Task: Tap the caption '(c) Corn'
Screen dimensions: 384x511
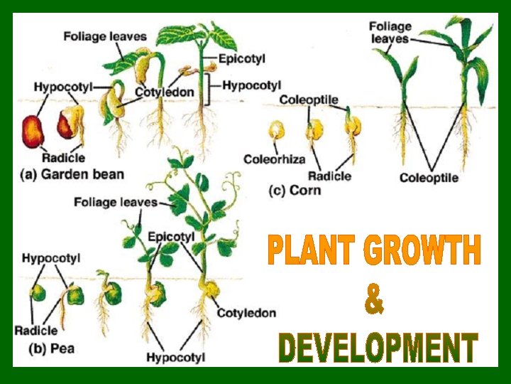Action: coord(295,191)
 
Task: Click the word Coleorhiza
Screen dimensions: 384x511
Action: coord(275,159)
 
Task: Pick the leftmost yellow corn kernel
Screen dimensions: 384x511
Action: coord(276,131)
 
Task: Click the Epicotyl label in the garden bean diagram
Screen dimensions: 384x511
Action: coord(241,59)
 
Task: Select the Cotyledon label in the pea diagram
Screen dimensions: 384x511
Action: coord(246,313)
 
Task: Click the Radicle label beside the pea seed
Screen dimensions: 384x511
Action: coord(35,331)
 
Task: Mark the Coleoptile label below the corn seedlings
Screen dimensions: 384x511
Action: coord(429,178)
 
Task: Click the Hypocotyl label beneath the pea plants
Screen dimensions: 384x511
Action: coord(175,357)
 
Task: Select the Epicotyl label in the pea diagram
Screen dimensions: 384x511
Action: coord(171,235)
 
